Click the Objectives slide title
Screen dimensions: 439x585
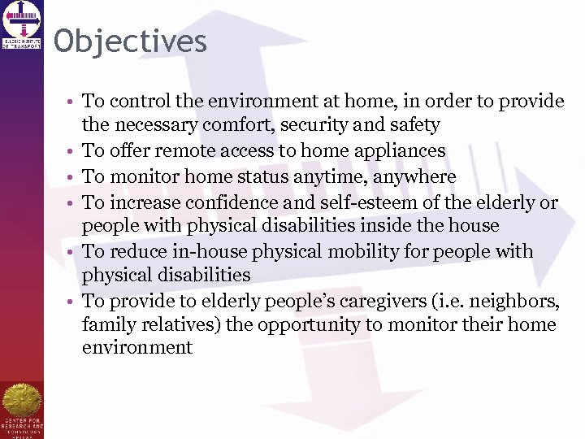click(131, 41)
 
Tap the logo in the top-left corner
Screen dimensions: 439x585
click(22, 24)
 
